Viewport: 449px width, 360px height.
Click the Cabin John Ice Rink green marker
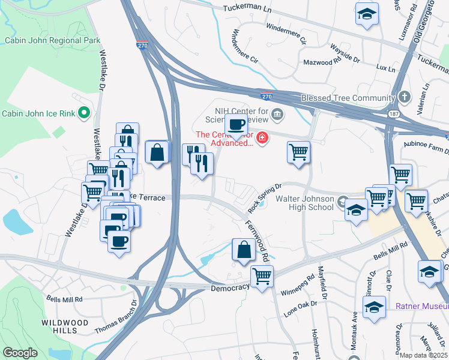click(84, 113)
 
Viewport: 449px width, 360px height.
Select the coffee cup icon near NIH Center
click(236, 124)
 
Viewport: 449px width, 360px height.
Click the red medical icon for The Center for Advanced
click(262, 139)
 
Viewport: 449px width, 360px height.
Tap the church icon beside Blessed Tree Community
click(405, 97)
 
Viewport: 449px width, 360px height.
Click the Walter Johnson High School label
click(304, 203)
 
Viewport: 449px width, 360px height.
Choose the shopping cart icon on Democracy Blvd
click(262, 276)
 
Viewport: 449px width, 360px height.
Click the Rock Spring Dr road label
click(265, 197)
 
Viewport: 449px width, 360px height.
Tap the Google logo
click(20, 353)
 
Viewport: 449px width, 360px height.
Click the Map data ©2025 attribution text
click(423, 355)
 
